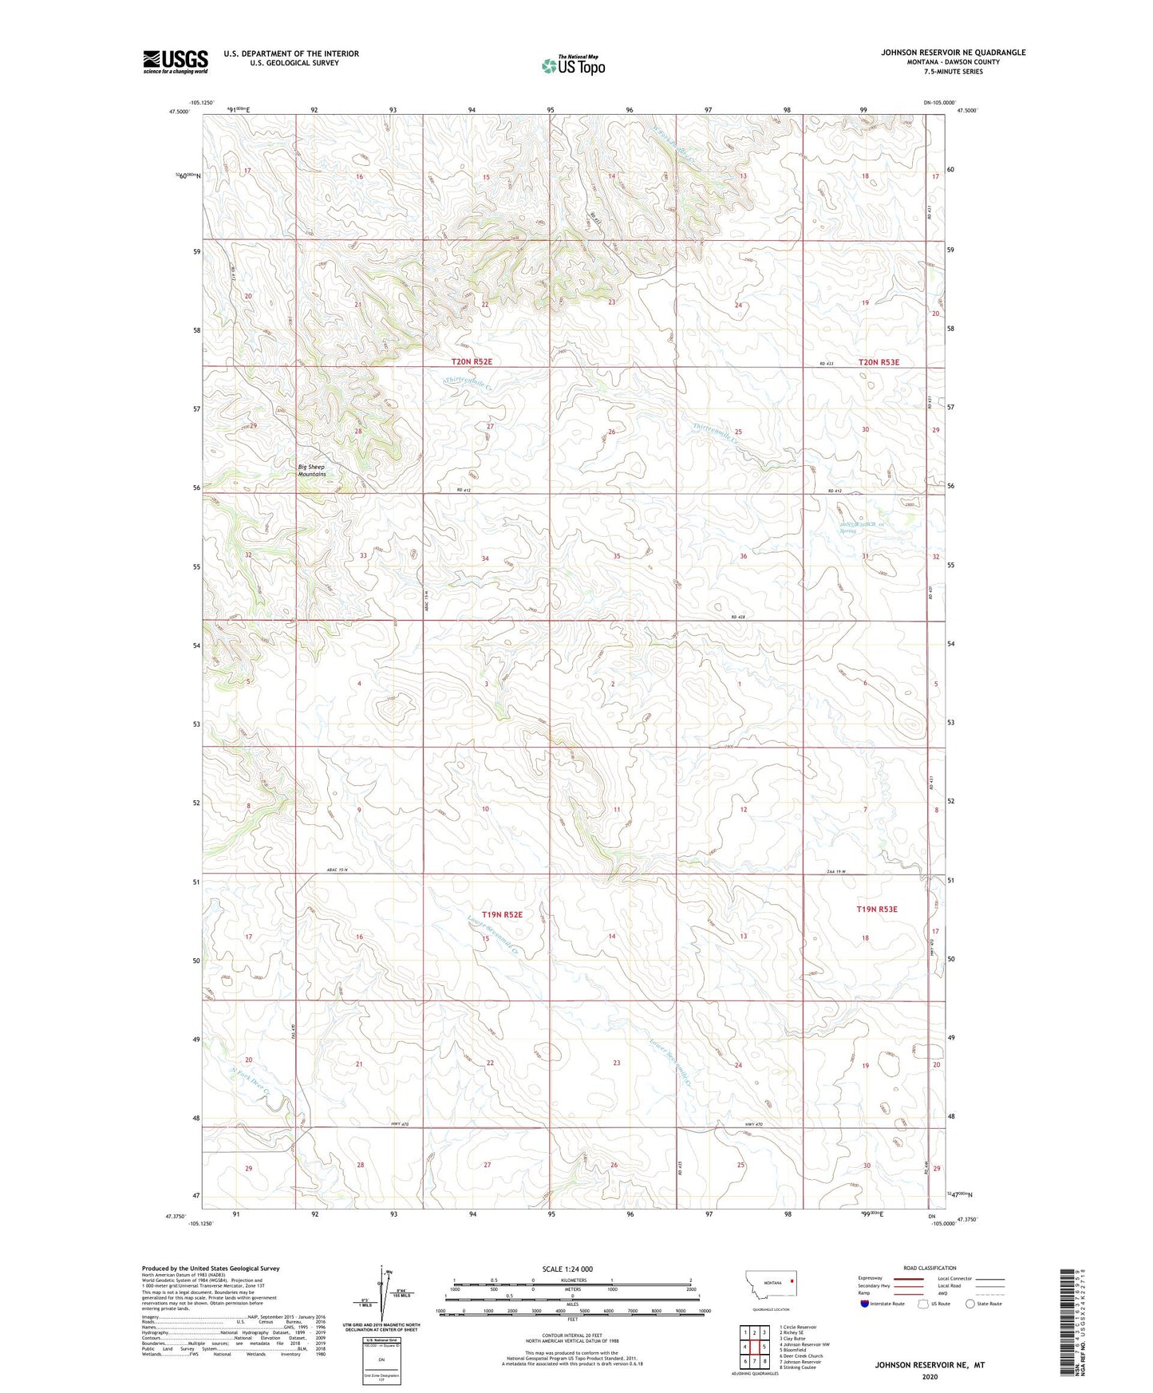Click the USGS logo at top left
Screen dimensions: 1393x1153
pos(175,61)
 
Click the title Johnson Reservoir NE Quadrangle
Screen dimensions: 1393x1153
pos(953,53)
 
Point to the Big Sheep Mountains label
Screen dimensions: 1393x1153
pos(312,470)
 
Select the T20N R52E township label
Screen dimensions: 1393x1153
pos(472,361)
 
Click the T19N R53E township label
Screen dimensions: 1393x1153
pos(877,909)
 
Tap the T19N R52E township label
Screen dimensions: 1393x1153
pos(502,914)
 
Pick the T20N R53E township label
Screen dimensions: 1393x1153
pos(879,362)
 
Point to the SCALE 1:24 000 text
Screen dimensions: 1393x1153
pos(567,1269)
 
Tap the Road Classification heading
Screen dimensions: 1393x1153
pos(930,1268)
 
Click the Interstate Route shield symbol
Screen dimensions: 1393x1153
pos(866,1304)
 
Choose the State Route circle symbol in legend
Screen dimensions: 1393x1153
pos(970,1304)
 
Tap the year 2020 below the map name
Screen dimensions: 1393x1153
pos(929,1376)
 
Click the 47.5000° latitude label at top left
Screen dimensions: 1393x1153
pos(180,112)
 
